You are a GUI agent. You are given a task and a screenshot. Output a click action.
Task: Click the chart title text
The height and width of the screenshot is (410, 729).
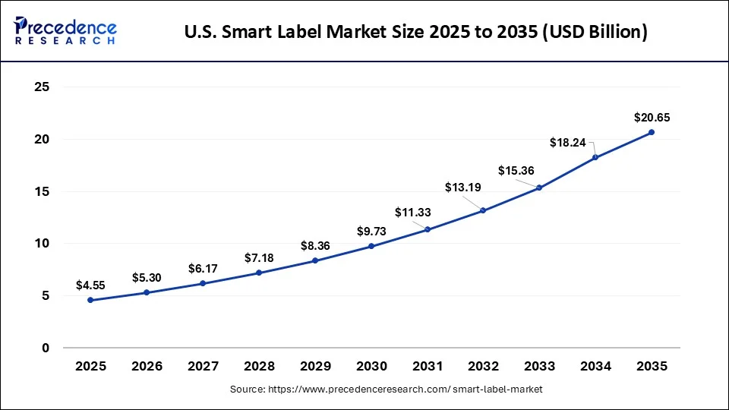tap(415, 33)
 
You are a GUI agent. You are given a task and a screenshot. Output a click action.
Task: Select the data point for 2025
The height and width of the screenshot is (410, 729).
tap(90, 300)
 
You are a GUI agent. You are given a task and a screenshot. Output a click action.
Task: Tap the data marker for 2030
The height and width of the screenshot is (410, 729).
tap(371, 246)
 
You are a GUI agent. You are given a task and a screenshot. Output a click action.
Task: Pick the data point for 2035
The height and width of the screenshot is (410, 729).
tap(652, 132)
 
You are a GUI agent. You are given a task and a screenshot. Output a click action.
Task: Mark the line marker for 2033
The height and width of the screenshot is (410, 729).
tap(539, 188)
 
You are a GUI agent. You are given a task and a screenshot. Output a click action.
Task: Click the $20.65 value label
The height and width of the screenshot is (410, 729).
tap(652, 118)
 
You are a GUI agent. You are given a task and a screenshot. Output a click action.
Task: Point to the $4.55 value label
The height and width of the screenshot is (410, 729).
tap(90, 285)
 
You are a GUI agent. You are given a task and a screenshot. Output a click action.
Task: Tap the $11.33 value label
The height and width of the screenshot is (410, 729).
tap(412, 213)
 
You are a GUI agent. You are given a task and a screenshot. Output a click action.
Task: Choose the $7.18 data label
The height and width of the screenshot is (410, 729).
tap(259, 258)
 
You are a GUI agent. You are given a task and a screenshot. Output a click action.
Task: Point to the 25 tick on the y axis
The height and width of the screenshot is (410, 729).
tap(43, 87)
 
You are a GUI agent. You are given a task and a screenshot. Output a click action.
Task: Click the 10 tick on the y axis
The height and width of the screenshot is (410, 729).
tap(43, 244)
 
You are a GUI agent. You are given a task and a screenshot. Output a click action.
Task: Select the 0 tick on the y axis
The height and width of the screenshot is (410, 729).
tap(46, 348)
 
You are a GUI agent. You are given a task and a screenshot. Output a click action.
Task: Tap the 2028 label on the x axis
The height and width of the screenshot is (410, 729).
tap(259, 366)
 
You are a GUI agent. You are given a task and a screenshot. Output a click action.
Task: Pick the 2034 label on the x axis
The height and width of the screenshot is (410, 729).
tap(595, 366)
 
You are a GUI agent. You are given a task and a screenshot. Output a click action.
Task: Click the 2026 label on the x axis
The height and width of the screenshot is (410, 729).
tap(147, 366)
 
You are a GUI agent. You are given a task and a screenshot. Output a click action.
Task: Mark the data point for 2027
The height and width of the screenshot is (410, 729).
tap(203, 283)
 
